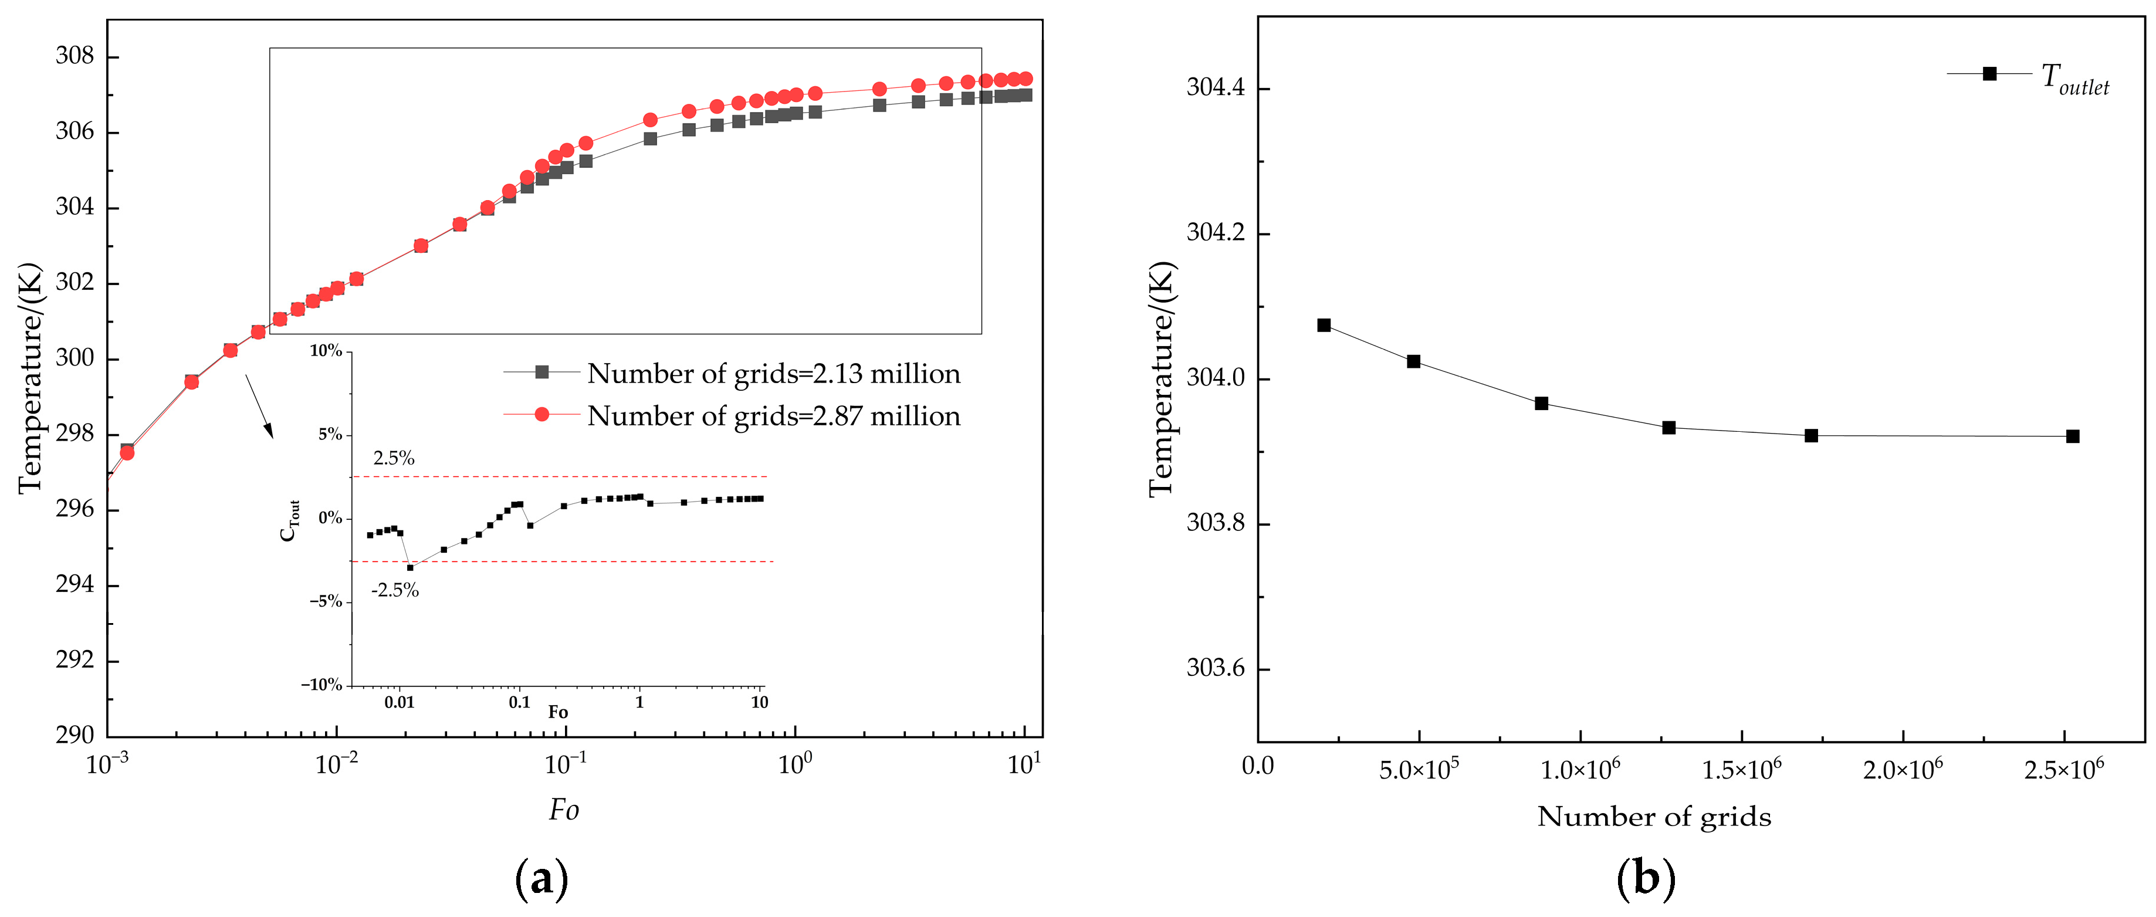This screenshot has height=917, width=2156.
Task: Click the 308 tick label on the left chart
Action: coord(75,56)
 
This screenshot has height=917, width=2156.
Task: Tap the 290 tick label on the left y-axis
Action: coord(75,735)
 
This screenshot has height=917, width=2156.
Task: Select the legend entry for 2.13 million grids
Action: coord(773,373)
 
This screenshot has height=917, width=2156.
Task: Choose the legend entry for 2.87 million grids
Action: coord(773,416)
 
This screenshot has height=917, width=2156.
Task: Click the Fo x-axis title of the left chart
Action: coord(563,810)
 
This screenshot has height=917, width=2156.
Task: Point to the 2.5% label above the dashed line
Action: coord(394,458)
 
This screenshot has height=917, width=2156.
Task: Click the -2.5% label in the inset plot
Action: coord(395,590)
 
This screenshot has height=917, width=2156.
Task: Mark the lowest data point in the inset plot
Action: coord(409,567)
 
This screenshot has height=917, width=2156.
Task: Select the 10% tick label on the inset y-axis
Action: coord(326,351)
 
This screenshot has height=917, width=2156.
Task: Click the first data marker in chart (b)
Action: coord(1324,324)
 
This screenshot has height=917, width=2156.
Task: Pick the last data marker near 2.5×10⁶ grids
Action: coord(2072,436)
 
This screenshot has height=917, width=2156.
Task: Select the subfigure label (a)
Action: coord(541,878)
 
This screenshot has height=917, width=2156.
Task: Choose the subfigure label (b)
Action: coord(1646,878)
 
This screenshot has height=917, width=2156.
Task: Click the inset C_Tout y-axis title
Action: coord(289,520)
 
